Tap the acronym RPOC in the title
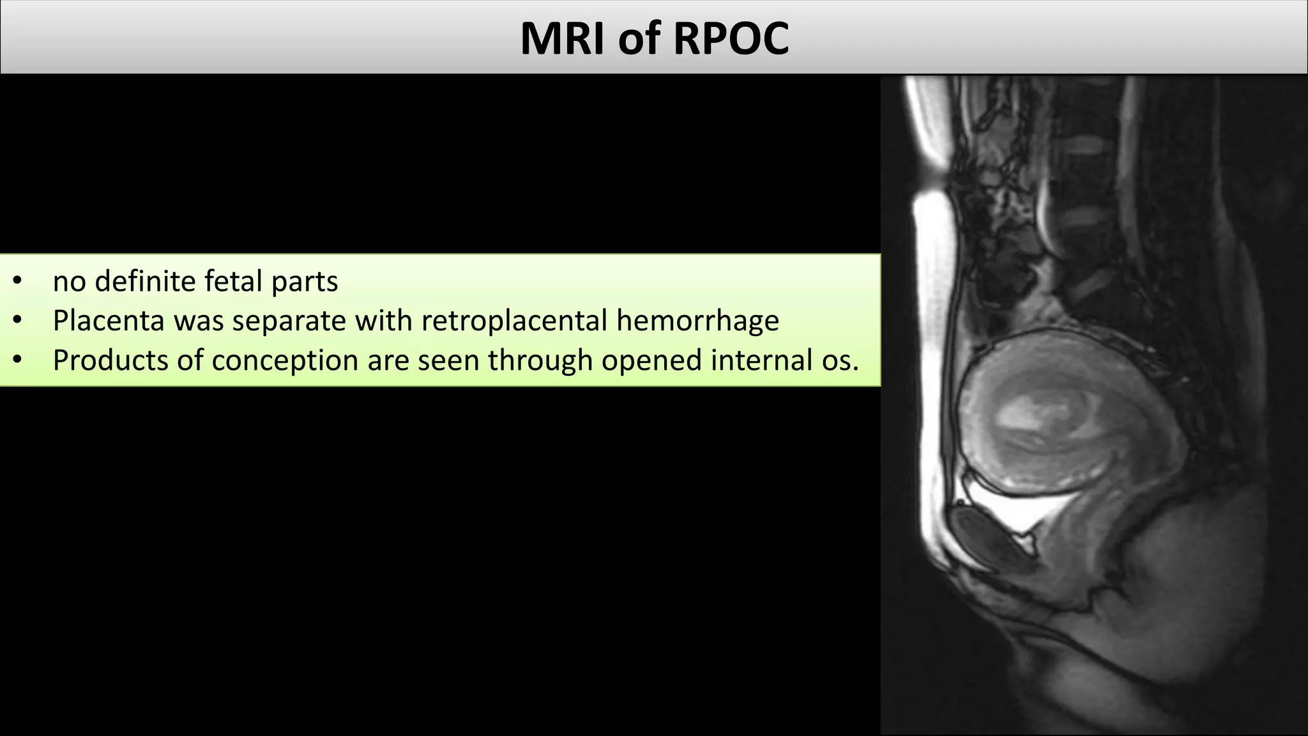(x=731, y=38)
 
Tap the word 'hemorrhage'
(x=697, y=321)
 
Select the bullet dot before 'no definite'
(x=17, y=281)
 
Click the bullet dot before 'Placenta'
(x=17, y=321)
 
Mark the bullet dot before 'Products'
(x=17, y=360)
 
